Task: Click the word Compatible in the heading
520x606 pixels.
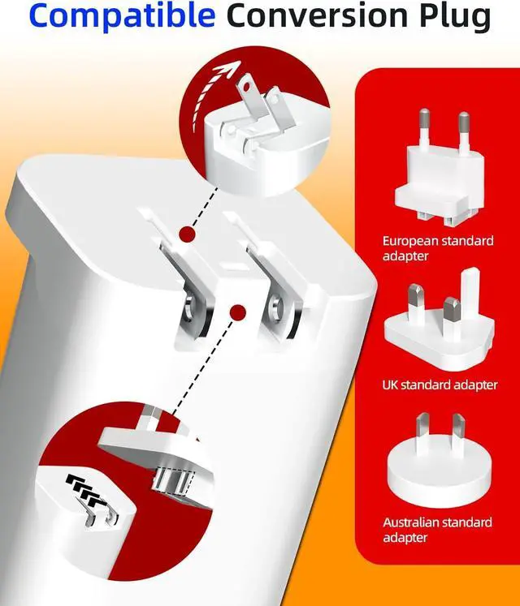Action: pos(122,15)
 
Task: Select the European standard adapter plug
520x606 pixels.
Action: pos(439,167)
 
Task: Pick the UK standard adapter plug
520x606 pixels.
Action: pos(440,320)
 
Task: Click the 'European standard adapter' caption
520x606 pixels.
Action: pos(438,248)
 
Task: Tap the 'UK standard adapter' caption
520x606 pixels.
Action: pos(440,385)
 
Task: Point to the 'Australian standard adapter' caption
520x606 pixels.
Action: pos(437,530)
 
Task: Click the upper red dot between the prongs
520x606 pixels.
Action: pos(188,234)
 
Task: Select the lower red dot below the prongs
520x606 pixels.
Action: pos(237,312)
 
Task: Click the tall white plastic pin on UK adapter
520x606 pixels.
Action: pos(470,294)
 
